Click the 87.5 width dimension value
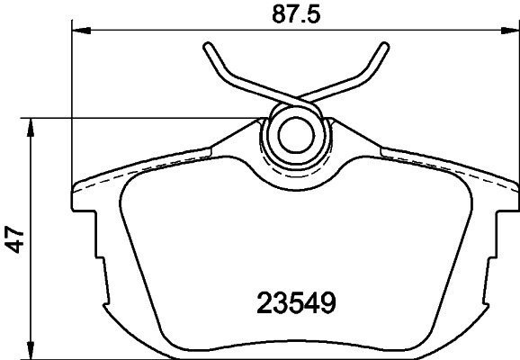pyautogui.click(x=296, y=14)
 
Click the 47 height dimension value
pyautogui.click(x=14, y=239)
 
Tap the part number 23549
pyautogui.click(x=297, y=302)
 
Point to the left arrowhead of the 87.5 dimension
pyautogui.click(x=81, y=31)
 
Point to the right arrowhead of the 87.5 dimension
pyautogui.click(x=510, y=31)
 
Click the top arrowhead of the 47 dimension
pyautogui.click(x=31, y=128)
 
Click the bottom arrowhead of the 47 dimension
pyautogui.click(x=31, y=350)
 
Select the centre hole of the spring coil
pyautogui.click(x=296, y=135)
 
